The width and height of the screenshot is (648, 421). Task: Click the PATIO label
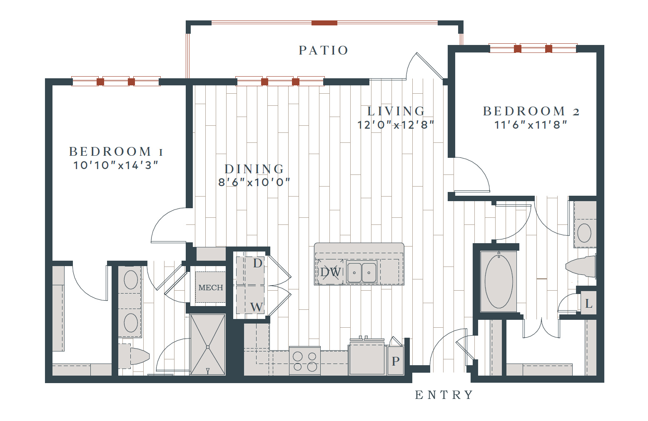coord(324,50)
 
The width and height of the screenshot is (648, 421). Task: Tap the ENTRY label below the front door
coord(444,395)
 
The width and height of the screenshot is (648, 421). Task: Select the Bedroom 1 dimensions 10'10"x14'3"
coord(116,165)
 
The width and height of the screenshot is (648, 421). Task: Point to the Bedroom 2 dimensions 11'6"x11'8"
coord(531,125)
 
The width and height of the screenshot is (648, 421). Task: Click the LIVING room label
coord(396,111)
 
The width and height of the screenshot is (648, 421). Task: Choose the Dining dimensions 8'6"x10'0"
coord(254,182)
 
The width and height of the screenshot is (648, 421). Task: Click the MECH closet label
coord(211,288)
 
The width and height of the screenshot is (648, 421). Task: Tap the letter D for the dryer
coord(257,263)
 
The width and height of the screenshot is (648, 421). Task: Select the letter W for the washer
coord(257,307)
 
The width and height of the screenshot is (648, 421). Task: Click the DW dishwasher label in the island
coord(331,272)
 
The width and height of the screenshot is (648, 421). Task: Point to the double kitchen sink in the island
coord(361,272)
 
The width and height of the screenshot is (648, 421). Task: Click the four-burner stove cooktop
coord(304,361)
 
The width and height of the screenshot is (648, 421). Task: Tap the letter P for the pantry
coord(396,361)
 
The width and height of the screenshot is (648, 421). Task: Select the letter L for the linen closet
coord(589,304)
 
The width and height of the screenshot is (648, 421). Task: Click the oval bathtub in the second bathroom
coord(499,281)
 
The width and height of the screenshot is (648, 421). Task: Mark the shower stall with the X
coord(208,345)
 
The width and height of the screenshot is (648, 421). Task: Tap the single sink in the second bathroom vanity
coord(584,233)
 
